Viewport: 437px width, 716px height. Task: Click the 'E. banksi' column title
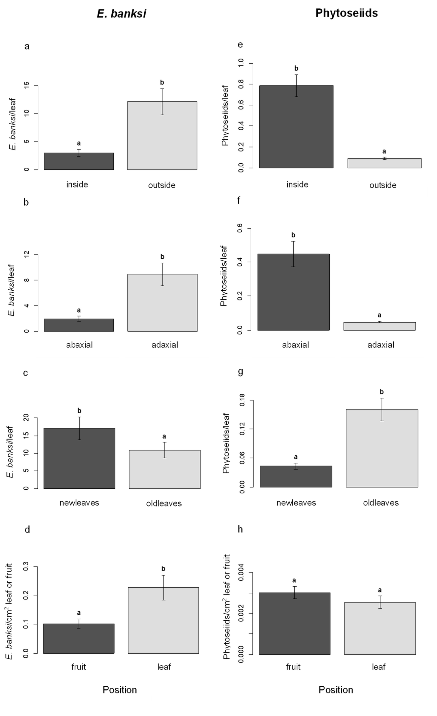pyautogui.click(x=121, y=13)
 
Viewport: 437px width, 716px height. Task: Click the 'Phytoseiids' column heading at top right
pyautogui.click(x=347, y=13)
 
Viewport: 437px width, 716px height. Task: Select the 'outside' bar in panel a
pyautogui.click(x=162, y=135)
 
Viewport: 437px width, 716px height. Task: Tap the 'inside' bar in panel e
pyautogui.click(x=296, y=127)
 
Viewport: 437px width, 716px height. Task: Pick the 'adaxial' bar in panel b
pyautogui.click(x=162, y=303)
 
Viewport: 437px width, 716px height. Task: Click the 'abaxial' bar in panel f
pyautogui.click(x=293, y=292)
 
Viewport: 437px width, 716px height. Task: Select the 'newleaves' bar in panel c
pyautogui.click(x=79, y=458)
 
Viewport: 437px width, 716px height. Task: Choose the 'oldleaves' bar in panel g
pyautogui.click(x=382, y=448)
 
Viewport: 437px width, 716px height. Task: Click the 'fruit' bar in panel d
pyautogui.click(x=79, y=639)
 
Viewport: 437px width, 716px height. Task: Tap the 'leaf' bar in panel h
pyautogui.click(x=380, y=628)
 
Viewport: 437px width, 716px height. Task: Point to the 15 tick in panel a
pyautogui.click(x=27, y=86)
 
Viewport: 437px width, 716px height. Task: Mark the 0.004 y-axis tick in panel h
pyautogui.click(x=241, y=573)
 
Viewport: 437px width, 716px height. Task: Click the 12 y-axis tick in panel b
pyautogui.click(x=27, y=255)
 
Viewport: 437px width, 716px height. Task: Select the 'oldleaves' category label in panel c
pyautogui.click(x=164, y=503)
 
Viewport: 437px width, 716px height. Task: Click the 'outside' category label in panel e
pyautogui.click(x=383, y=185)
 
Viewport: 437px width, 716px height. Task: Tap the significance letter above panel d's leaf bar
pyautogui.click(x=163, y=569)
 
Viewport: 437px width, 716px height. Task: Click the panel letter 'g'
pyautogui.click(x=240, y=371)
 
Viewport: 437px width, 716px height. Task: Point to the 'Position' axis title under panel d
pyautogui.click(x=120, y=690)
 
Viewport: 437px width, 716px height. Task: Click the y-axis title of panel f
pyautogui.click(x=224, y=276)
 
